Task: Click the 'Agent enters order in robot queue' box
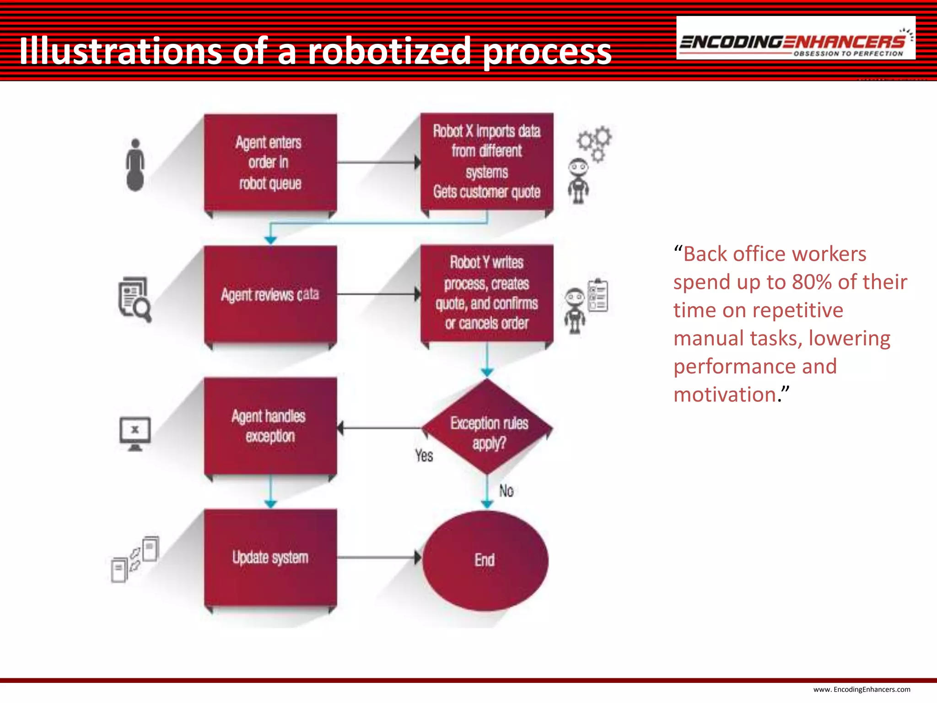[x=270, y=162]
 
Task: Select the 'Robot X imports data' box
[x=487, y=162]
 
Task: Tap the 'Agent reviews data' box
[x=270, y=294]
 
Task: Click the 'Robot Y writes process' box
[x=487, y=293]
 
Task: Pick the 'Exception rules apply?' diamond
[x=488, y=427]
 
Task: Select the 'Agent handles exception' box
[x=270, y=426]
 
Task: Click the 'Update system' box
[x=270, y=557]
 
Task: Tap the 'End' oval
[x=485, y=560]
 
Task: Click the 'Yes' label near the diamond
[x=424, y=456]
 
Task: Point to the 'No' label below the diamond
[x=506, y=491]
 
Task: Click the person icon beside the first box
[x=135, y=165]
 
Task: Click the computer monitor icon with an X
[x=135, y=433]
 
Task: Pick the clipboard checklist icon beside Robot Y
[x=598, y=296]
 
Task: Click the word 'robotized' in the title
[x=389, y=51]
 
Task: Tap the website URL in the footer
[x=862, y=689]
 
